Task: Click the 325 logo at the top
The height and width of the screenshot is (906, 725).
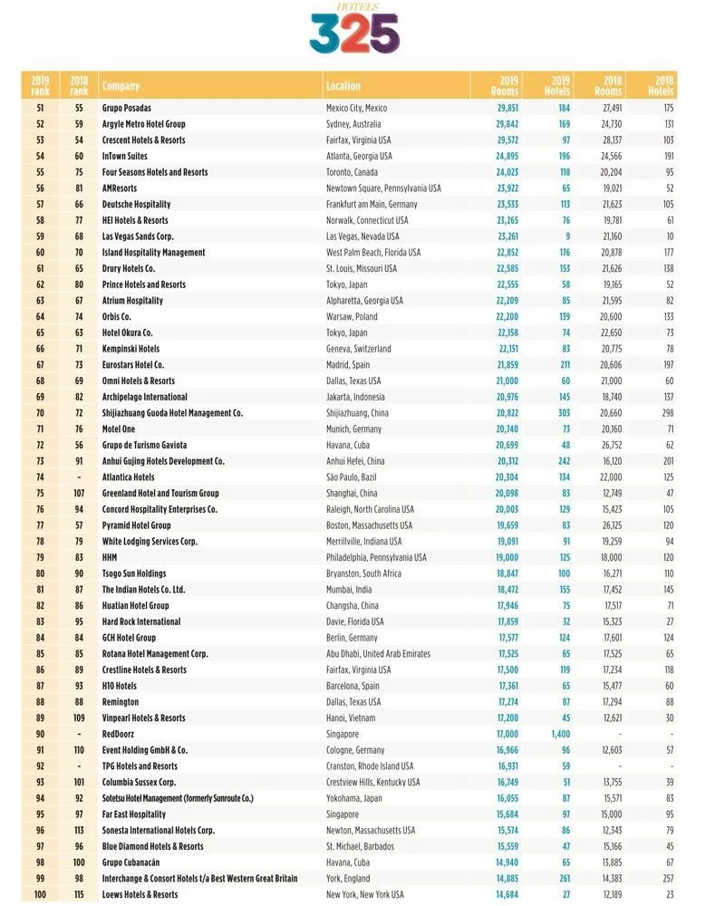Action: [353, 32]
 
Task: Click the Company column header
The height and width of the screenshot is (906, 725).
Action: [121, 86]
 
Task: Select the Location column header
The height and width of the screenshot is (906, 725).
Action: [343, 86]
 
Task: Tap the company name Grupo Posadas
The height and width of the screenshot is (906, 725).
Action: [127, 108]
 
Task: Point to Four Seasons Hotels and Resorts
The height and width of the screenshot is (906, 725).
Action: [155, 172]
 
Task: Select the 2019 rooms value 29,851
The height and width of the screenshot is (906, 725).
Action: [507, 108]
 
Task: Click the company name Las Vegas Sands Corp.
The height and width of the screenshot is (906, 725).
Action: [138, 236]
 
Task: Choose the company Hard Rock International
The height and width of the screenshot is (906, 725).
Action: [141, 622]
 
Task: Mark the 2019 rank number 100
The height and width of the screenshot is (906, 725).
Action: [40, 894]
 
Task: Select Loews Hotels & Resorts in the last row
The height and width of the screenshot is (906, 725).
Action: [140, 894]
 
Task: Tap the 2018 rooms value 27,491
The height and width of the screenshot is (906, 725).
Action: [609, 108]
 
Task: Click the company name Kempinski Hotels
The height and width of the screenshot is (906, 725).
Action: [131, 348]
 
